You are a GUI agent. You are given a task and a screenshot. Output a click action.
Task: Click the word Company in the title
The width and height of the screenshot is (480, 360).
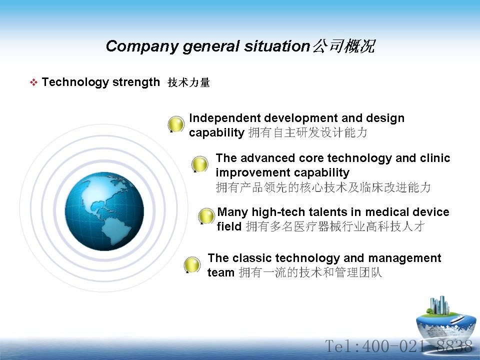pyautogui.click(x=142, y=46)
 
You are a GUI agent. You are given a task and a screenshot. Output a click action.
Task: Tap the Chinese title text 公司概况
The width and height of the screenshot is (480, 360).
pyautogui.click(x=344, y=46)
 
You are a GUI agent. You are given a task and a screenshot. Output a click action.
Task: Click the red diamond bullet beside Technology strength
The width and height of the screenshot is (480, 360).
pyautogui.click(x=33, y=82)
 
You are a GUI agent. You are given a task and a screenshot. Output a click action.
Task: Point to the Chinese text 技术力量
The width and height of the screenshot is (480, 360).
pyautogui.click(x=188, y=82)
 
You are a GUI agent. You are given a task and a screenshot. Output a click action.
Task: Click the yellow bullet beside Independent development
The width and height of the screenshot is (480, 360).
pyautogui.click(x=176, y=124)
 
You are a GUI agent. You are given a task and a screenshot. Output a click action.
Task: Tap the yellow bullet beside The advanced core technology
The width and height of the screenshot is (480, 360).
pyautogui.click(x=199, y=164)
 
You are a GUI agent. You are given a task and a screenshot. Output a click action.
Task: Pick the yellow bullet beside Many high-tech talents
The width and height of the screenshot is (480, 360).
pyautogui.click(x=206, y=216)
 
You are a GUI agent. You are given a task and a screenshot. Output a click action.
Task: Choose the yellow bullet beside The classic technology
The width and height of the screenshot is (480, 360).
pyautogui.click(x=192, y=265)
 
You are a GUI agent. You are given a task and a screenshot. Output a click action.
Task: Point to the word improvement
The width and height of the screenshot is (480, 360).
pyautogui.click(x=248, y=173)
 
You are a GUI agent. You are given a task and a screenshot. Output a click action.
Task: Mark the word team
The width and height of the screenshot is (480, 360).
pyautogui.click(x=221, y=272)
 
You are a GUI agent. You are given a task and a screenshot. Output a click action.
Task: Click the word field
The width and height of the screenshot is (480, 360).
pyautogui.click(x=229, y=226)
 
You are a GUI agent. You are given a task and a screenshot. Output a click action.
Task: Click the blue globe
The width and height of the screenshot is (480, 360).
pyautogui.click(x=104, y=211)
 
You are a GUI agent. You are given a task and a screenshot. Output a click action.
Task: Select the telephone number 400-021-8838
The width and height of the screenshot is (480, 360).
pyautogui.click(x=416, y=346)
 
